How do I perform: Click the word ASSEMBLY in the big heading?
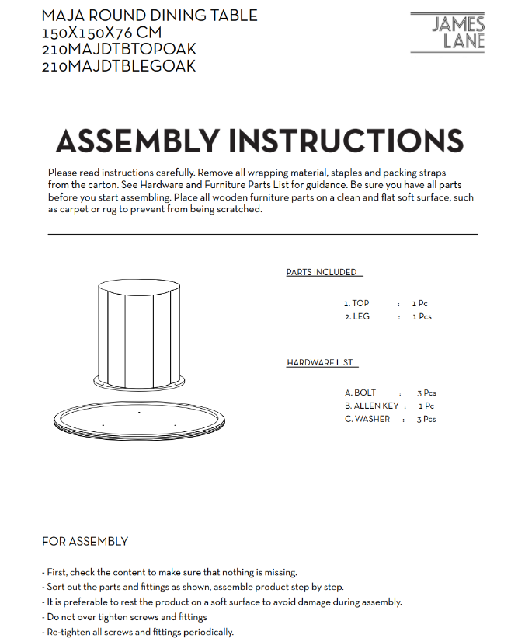[x=137, y=141]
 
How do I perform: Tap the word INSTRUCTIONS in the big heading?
[x=346, y=141]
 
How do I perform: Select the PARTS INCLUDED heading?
[x=322, y=272]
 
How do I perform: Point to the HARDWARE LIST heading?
[x=320, y=363]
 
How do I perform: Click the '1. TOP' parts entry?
[x=356, y=304]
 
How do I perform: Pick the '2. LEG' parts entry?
[x=357, y=317]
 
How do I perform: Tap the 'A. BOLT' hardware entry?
[x=360, y=393]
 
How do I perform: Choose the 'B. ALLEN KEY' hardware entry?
[x=372, y=406]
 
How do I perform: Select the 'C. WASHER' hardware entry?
[x=368, y=420]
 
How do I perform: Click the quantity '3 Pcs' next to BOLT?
[x=426, y=393]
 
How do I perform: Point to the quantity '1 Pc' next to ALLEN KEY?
[x=426, y=406]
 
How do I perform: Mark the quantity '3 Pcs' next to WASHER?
[x=426, y=420]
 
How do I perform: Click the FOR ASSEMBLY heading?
[x=85, y=541]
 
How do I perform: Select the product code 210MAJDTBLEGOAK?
[x=119, y=67]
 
